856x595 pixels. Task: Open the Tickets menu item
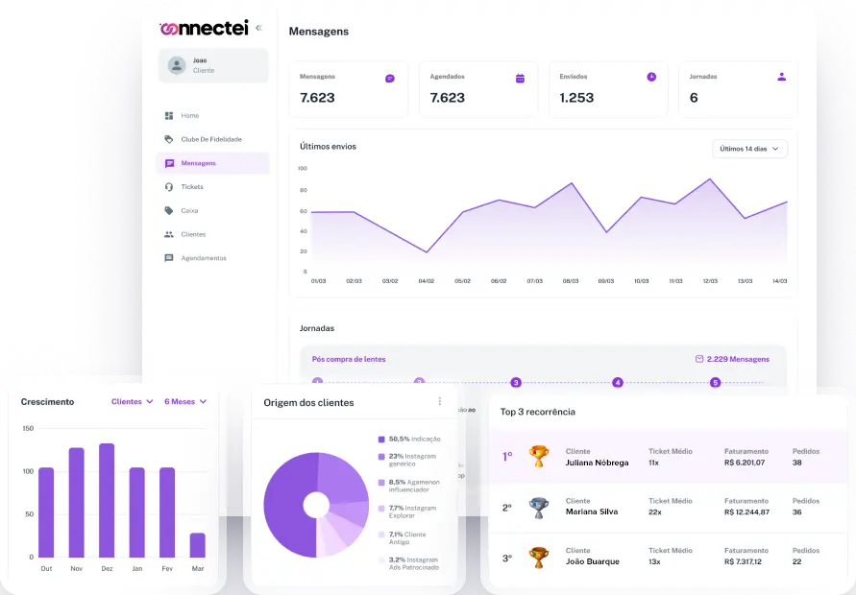click(192, 187)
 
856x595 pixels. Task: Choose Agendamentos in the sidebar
click(204, 258)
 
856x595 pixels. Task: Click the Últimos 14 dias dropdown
click(749, 149)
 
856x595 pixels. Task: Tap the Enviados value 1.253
click(576, 98)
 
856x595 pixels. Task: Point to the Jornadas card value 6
click(694, 98)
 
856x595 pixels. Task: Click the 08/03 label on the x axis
click(571, 281)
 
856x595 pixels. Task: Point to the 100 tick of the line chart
click(302, 168)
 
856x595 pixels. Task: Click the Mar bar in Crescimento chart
click(197, 544)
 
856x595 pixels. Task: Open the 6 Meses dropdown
click(185, 402)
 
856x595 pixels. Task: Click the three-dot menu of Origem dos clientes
click(440, 401)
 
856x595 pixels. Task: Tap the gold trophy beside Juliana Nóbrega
click(539, 456)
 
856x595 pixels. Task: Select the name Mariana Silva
click(592, 512)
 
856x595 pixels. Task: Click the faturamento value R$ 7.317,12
click(744, 561)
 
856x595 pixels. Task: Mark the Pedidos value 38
click(797, 463)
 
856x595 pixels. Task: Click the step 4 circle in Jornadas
click(618, 383)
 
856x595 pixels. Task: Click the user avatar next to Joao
click(177, 65)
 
